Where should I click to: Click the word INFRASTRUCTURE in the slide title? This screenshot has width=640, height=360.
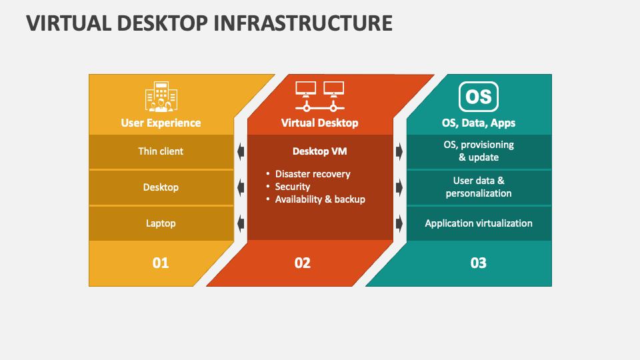[x=303, y=23]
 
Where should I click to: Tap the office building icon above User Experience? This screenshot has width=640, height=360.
[x=161, y=96]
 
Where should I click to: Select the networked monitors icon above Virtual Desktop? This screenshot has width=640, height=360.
[x=319, y=96]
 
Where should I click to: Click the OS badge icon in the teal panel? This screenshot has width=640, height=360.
[x=479, y=97]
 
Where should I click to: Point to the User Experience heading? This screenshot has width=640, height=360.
[x=161, y=123]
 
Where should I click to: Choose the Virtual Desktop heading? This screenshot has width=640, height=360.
[x=319, y=123]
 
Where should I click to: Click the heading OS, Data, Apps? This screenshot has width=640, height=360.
[x=479, y=123]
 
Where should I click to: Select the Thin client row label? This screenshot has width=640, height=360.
[x=161, y=151]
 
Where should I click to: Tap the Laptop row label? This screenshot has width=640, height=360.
[x=161, y=223]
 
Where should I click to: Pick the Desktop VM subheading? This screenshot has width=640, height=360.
[x=319, y=151]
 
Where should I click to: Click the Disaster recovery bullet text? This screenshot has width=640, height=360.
[x=313, y=174]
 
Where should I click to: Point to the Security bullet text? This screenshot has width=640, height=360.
[x=293, y=187]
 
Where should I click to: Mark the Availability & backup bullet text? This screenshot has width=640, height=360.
[x=320, y=199]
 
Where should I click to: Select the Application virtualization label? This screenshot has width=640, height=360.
[x=479, y=223]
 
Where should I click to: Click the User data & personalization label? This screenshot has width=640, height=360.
[x=479, y=187]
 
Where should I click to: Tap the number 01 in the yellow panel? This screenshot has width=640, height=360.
[x=161, y=263]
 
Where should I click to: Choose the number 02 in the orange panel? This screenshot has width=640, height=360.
[x=303, y=263]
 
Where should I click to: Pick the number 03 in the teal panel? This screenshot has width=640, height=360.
[x=479, y=263]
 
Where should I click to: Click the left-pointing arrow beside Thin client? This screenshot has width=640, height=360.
[x=241, y=151]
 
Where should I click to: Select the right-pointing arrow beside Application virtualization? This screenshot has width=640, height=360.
[x=399, y=224]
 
